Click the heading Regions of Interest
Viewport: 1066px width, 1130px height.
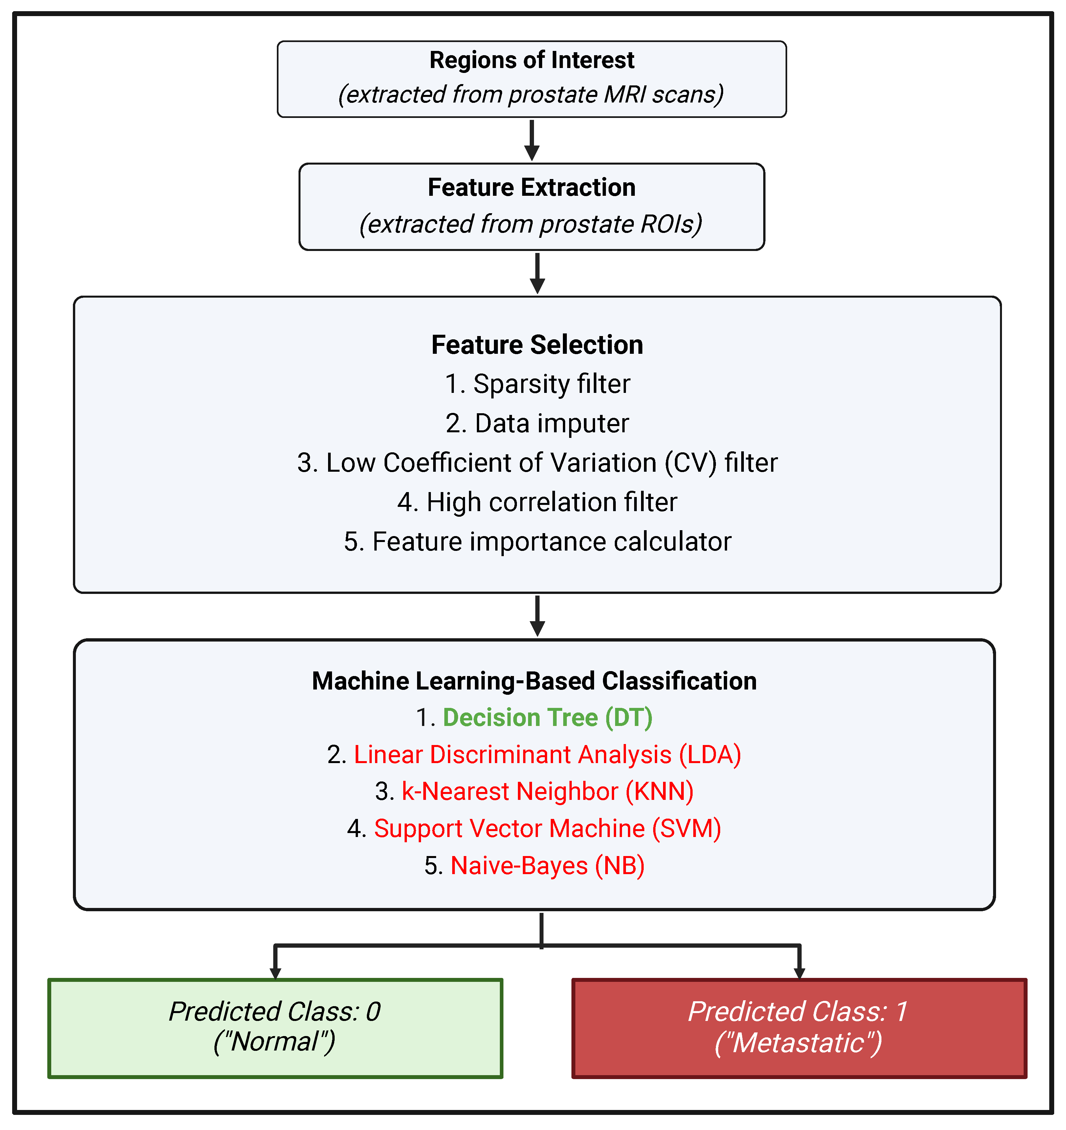[531, 60]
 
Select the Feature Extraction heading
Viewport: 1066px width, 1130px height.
[531, 188]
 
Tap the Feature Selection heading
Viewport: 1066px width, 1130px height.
[537, 345]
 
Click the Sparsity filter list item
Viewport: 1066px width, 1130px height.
[537, 384]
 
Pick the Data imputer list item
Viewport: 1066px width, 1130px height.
[537, 423]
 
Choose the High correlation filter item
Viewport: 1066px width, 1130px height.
[537, 503]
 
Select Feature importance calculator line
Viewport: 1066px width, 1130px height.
[537, 542]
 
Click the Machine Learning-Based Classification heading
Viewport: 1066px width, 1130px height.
[534, 681]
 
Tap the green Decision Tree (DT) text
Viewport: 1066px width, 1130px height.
[547, 718]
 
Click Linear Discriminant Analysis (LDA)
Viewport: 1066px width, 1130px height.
[547, 755]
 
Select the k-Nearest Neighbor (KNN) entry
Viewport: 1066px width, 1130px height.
[547, 792]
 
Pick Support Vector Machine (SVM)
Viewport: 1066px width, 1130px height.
[547, 829]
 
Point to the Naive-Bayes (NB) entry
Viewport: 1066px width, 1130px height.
[547, 866]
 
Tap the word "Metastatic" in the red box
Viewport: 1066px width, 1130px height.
[798, 1043]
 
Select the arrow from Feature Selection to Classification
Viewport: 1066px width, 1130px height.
[537, 616]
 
